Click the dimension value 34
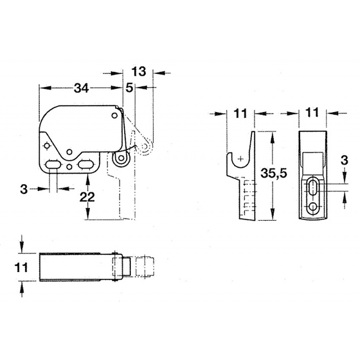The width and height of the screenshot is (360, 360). coord(81,88)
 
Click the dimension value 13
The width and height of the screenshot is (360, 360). coord(139,71)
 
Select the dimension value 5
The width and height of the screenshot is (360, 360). coord(130,88)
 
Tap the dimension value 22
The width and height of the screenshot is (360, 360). coord(87,197)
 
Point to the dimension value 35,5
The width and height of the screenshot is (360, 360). coord(274,173)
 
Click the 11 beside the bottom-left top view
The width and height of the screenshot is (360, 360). coord(21,268)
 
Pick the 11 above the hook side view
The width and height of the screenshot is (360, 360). coord(240,113)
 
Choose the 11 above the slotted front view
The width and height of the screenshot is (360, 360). coord(312,113)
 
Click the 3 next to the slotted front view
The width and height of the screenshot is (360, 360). coord(344,160)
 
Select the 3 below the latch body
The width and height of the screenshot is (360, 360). coord(23,189)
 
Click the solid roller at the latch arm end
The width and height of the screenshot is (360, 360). coord(121,158)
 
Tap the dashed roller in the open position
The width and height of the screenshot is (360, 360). coord(145,146)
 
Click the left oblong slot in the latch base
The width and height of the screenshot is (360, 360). coord(53,164)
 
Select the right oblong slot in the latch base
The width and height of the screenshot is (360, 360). coord(86,164)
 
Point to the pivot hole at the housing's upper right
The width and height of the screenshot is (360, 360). coord(115,115)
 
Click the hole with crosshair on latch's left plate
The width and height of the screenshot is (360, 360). coord(47,146)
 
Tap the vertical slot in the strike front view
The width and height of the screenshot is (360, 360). coord(312,187)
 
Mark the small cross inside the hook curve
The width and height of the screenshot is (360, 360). coord(241,158)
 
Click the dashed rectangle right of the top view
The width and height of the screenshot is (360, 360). coord(145,267)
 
